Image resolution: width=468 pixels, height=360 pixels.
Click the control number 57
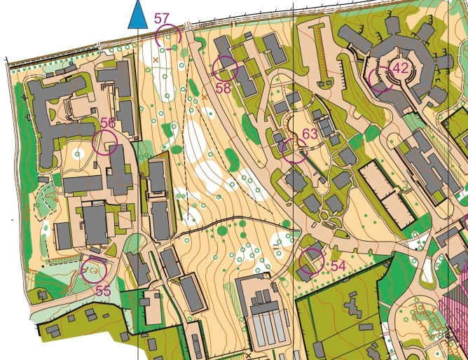pyautogui.click(x=162, y=18)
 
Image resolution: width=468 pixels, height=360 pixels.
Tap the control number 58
pyautogui.click(x=223, y=88)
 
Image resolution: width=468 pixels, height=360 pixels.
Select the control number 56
pyautogui.click(x=107, y=123)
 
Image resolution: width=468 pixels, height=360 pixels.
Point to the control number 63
pyautogui.click(x=310, y=134)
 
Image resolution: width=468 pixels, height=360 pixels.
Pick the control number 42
pyautogui.click(x=401, y=68)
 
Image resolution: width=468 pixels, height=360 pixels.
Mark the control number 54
pyautogui.click(x=338, y=266)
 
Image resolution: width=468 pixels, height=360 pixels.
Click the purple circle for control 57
pyautogui.click(x=169, y=36)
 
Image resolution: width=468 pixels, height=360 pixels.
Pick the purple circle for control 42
pyautogui.click(x=382, y=79)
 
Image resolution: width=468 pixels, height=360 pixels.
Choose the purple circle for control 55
pyautogui.click(x=93, y=270)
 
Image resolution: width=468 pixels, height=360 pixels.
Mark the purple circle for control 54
pyautogui.click(x=310, y=261)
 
